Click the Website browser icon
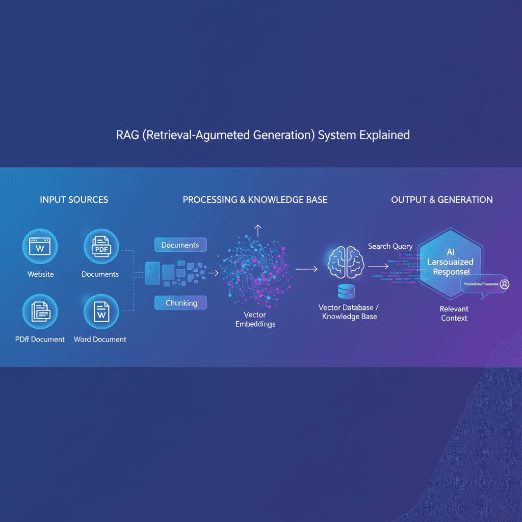(x=40, y=247)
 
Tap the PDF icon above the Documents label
(x=101, y=247)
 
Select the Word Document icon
(x=101, y=312)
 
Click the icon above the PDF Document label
(x=40, y=312)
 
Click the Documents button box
(x=180, y=245)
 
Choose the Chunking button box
(x=180, y=303)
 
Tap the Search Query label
(x=390, y=246)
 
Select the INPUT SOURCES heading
(x=74, y=200)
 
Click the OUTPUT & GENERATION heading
(x=441, y=200)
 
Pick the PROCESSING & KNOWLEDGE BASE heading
(x=255, y=200)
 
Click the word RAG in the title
(x=126, y=136)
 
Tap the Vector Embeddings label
(x=255, y=320)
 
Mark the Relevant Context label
(x=454, y=314)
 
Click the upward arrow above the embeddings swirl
(x=257, y=230)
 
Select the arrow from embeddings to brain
(x=306, y=267)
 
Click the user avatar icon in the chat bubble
(x=504, y=284)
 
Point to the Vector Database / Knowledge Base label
(x=349, y=312)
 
